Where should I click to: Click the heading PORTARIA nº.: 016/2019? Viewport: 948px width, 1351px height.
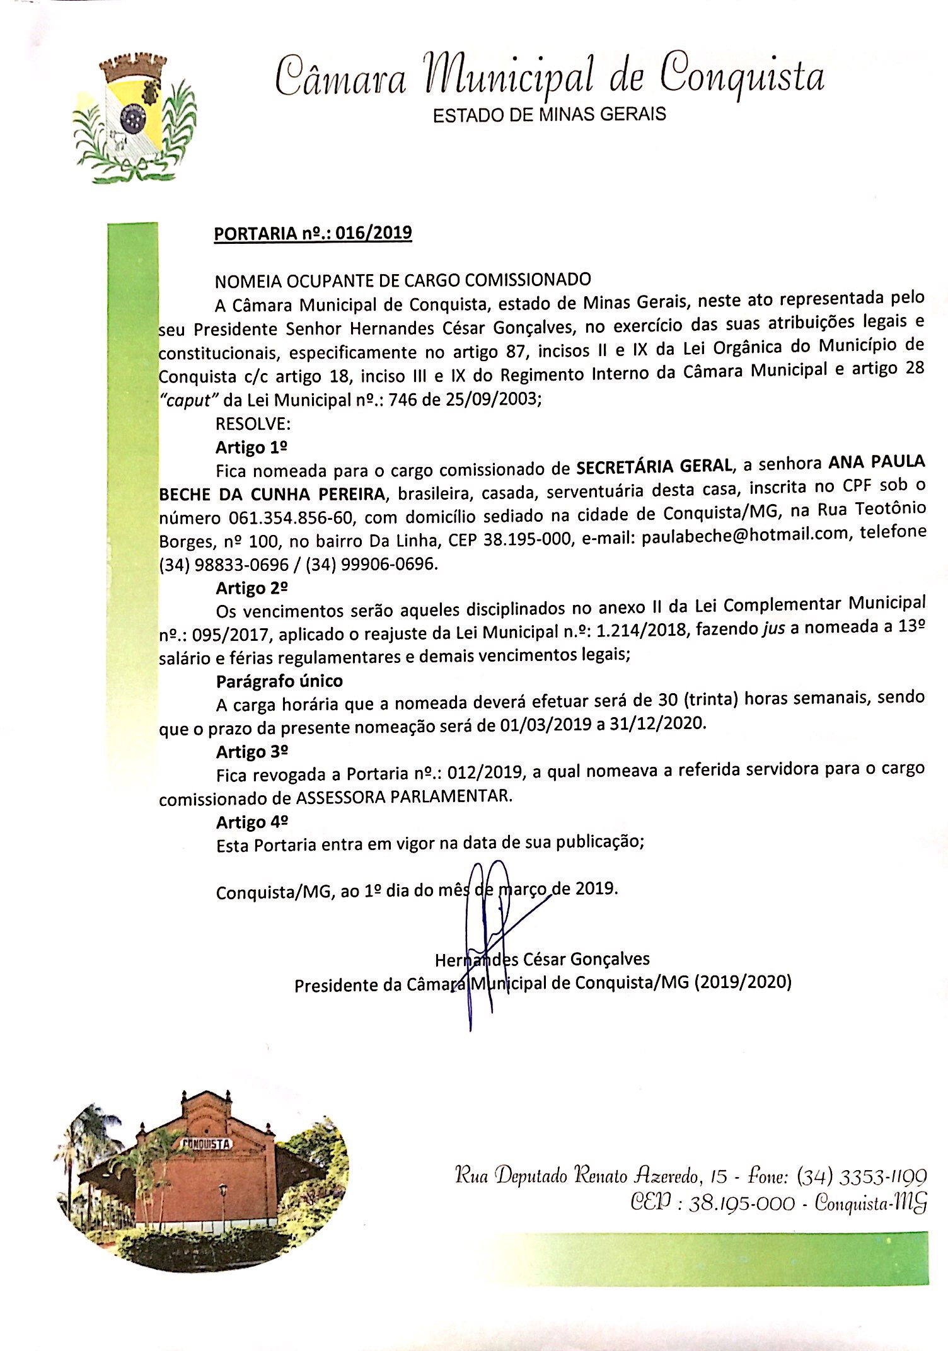click(x=313, y=233)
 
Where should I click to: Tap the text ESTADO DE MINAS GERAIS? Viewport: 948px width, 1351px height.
click(x=549, y=115)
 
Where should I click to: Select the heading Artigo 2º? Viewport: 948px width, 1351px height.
click(x=251, y=588)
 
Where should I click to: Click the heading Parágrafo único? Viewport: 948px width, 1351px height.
click(x=279, y=681)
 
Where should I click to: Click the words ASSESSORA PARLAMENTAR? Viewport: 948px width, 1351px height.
click(x=403, y=796)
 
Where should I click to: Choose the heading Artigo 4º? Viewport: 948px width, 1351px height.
click(x=251, y=822)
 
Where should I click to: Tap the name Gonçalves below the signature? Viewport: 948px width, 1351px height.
click(x=610, y=959)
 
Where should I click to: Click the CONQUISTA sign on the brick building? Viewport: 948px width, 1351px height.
click(x=207, y=1144)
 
